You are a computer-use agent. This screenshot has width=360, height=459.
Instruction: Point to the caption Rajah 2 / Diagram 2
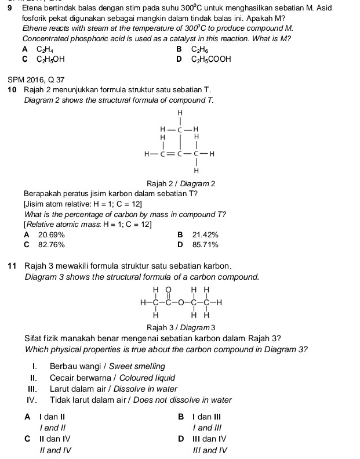coord(181,183)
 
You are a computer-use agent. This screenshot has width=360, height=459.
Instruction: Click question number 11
coord(12,266)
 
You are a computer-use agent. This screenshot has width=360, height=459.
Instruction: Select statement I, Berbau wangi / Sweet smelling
coord(107,366)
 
